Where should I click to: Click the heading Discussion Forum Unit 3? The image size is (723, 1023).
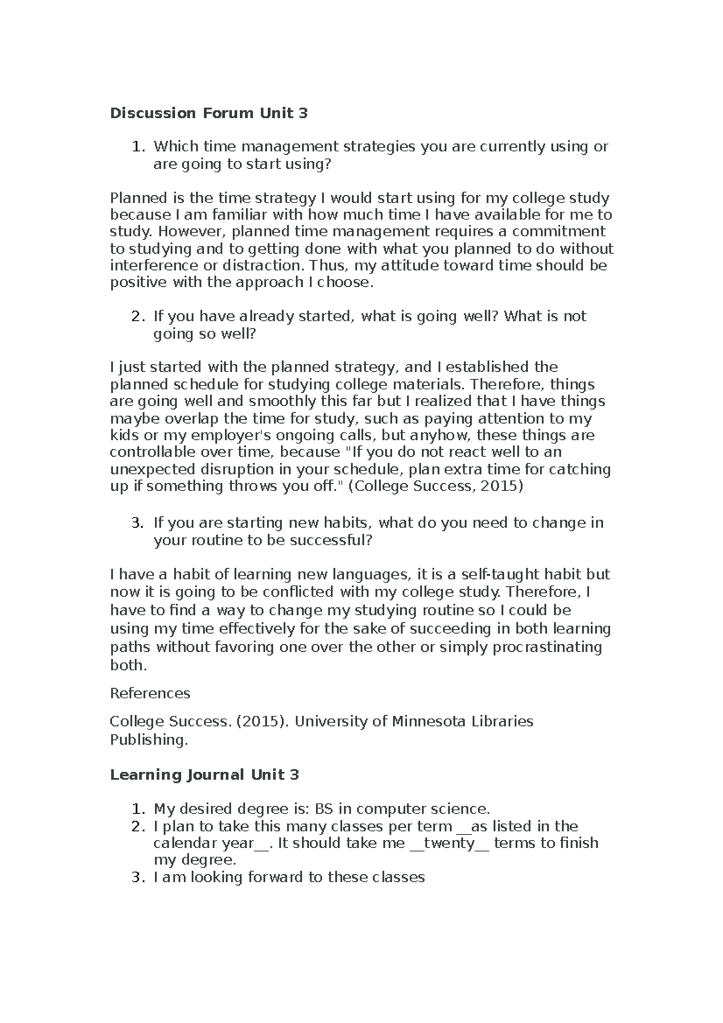click(x=208, y=113)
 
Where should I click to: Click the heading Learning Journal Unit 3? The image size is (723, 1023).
click(x=204, y=775)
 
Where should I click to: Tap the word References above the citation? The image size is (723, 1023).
click(x=149, y=693)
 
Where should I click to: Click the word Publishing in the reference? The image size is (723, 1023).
click(x=148, y=740)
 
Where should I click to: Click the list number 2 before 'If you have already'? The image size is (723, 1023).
click(x=138, y=317)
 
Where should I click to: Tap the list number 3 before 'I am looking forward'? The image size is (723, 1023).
click(x=138, y=877)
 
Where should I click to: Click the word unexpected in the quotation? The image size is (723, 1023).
click(x=148, y=469)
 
